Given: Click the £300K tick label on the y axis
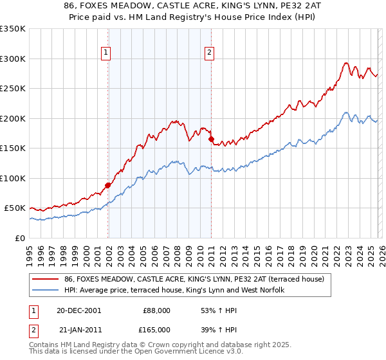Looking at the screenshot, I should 12,59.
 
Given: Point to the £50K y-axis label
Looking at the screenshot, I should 14,208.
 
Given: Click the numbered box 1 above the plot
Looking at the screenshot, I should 106,53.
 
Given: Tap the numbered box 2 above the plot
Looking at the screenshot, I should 210,53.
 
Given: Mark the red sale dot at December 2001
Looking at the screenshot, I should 108,185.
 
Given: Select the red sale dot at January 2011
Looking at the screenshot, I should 211,139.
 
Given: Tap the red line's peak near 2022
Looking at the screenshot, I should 346,63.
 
